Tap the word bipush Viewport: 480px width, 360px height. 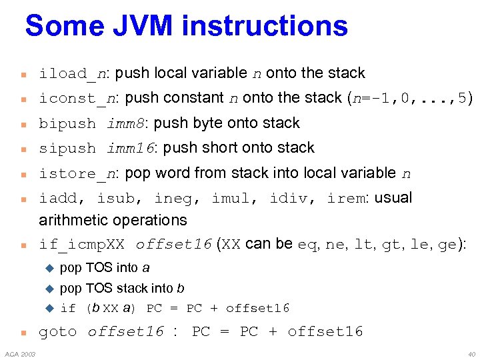(67, 124)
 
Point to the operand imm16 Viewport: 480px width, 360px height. (131, 149)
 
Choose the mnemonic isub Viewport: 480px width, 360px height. (115, 199)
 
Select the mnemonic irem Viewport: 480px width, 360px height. (346, 199)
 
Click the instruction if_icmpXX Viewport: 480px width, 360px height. (81, 245)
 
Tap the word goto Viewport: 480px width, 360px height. (57, 332)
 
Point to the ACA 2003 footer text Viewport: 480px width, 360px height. (21, 353)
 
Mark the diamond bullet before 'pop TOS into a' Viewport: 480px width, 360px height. (49, 268)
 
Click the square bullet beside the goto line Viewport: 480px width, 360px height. (23, 333)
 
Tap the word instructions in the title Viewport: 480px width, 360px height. (265, 26)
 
